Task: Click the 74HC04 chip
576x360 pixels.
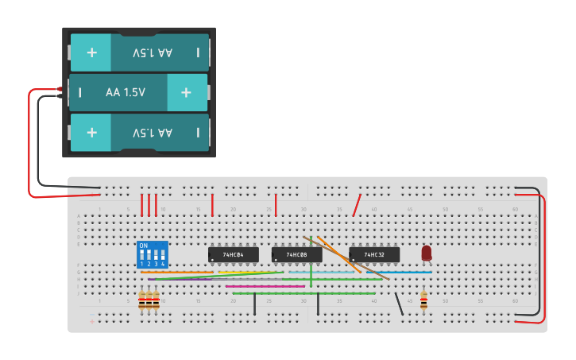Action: (233, 254)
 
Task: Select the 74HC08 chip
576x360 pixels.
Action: (296, 254)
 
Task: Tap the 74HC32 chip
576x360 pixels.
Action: (374, 254)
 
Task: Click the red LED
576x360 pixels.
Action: (427, 252)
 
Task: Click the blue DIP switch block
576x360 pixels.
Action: (152, 254)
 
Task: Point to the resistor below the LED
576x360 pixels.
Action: (423, 300)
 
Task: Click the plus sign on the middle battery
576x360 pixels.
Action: (186, 92)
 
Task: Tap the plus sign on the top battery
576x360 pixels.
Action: (91, 52)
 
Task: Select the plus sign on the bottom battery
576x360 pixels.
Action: (91, 132)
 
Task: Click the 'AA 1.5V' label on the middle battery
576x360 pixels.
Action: (126, 92)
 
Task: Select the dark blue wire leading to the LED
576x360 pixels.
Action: (409, 272)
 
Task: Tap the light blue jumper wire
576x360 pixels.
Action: (322, 272)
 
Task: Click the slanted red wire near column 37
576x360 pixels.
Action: (358, 204)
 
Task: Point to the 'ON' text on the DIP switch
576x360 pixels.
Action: (144, 246)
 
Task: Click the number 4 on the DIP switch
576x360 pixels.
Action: (163, 264)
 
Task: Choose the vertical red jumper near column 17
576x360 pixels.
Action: (212, 204)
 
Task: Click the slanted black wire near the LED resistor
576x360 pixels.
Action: (399, 304)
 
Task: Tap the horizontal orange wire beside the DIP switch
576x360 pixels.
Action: (175, 272)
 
